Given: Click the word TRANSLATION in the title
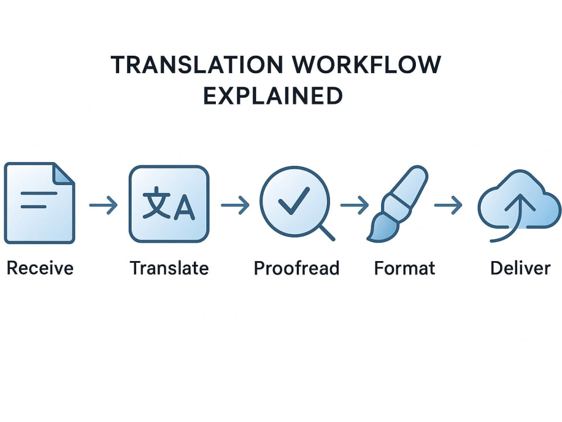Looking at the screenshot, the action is [197, 65].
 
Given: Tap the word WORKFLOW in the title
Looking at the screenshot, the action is [366, 65].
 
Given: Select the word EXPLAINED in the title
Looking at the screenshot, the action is [273, 96].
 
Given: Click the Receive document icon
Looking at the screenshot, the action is [39, 203].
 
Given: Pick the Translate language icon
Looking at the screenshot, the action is [169, 204].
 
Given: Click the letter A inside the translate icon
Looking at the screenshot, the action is [184, 208].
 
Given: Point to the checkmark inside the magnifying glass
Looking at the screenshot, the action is [294, 200].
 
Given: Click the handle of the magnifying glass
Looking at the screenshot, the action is [327, 232].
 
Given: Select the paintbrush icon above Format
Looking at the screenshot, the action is [397, 203].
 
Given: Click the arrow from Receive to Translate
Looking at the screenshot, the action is [103, 205].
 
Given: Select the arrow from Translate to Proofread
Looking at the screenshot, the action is [235, 205].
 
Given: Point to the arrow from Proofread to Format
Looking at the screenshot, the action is [355, 205].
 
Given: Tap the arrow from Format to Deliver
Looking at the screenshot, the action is [448, 205].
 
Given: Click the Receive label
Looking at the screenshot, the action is [40, 268].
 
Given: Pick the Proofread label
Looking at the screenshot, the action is [296, 268].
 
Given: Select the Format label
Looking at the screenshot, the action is [404, 268].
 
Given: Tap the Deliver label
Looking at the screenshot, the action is [520, 268].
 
